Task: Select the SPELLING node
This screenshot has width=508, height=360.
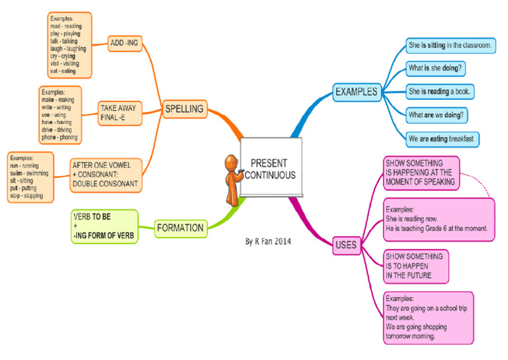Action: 185,109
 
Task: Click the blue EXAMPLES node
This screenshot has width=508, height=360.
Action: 356,91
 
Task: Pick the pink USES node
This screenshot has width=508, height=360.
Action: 345,246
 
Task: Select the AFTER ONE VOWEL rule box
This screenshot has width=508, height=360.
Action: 106,174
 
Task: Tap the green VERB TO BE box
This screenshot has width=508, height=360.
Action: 105,226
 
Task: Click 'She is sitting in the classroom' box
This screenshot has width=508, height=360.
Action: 450,46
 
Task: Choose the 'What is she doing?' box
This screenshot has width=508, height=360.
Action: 436,68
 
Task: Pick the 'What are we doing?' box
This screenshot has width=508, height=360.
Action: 436,115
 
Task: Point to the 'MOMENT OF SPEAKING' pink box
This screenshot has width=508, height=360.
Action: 421,172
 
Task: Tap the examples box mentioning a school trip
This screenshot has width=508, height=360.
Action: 428,317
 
